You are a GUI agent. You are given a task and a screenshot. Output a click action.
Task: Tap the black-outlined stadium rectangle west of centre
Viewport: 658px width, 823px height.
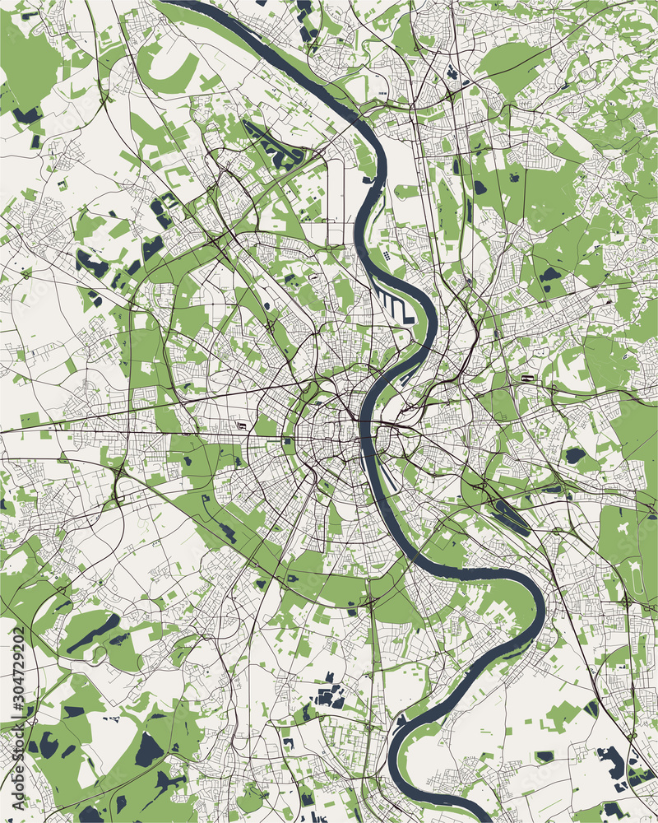point(240,425)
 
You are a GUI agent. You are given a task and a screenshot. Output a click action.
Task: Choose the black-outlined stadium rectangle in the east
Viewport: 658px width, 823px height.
point(525,379)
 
